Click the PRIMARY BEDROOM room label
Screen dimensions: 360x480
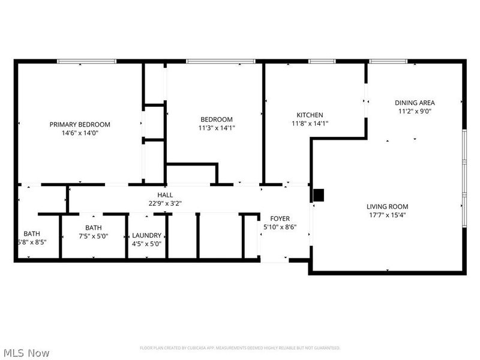(80, 124)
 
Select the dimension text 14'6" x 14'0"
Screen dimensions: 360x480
(80, 133)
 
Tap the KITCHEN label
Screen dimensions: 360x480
(310, 115)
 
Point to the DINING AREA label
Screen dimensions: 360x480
(415, 102)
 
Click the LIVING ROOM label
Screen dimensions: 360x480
(387, 206)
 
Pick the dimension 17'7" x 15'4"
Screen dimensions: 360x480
(387, 215)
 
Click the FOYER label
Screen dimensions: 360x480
(280, 218)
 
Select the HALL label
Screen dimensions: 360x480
(165, 194)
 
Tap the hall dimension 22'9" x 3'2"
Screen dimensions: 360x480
(165, 203)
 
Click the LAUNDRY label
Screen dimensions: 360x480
(146, 235)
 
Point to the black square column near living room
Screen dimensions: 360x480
(319, 194)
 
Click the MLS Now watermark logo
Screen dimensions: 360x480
(26, 352)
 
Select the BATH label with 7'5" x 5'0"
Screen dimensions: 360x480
(93, 227)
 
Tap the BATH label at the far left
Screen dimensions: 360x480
(32, 233)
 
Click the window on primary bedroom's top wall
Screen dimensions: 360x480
(86, 61)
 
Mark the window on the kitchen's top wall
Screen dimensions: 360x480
(322, 61)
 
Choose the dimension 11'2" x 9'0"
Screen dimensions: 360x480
(415, 111)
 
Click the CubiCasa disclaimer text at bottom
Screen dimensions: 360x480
(240, 348)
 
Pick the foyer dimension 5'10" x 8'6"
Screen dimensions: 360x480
(280, 227)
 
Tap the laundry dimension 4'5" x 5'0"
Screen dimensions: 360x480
(146, 244)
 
